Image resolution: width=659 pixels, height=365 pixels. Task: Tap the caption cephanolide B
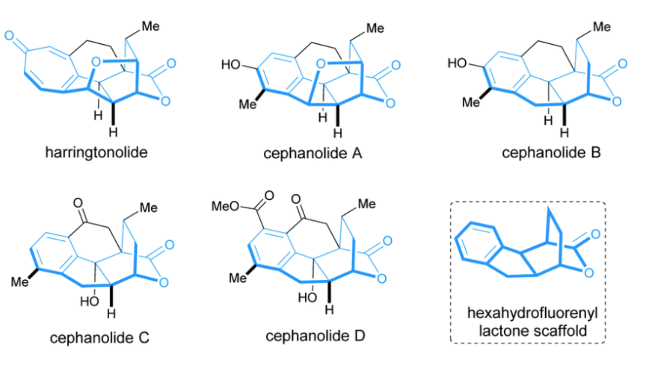point(552,151)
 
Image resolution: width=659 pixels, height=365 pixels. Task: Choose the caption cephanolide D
point(316,336)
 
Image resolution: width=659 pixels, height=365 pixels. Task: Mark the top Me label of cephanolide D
point(366,203)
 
